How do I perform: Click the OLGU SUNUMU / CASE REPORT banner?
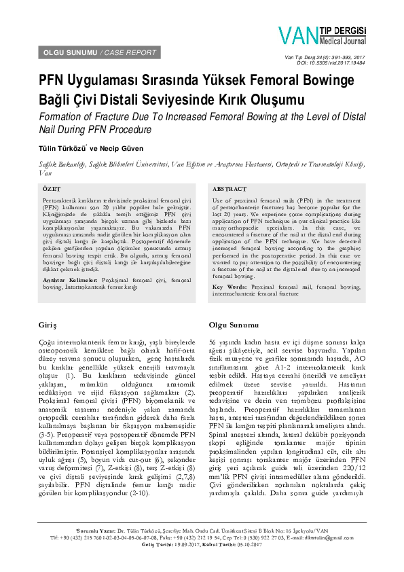coord(100,52)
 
